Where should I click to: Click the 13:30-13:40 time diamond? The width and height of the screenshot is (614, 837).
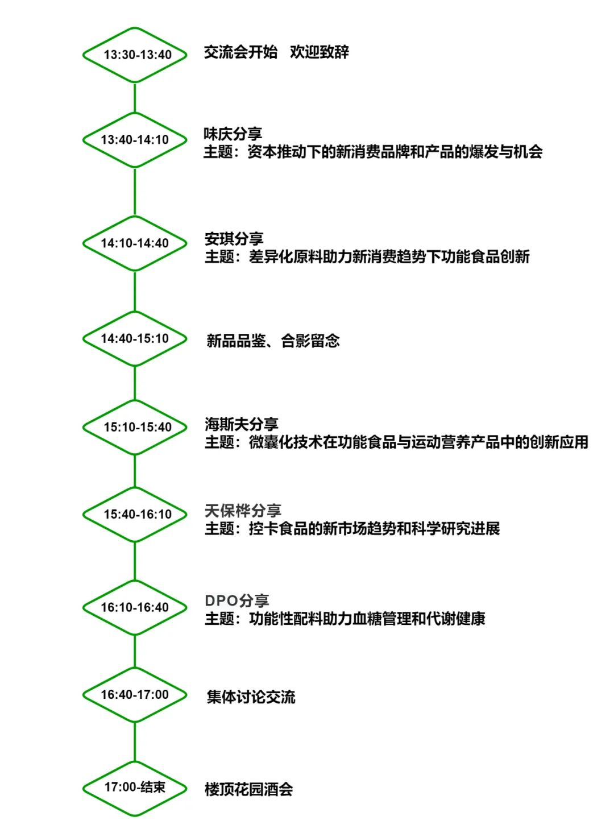135,28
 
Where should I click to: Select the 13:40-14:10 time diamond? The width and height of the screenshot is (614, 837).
135,113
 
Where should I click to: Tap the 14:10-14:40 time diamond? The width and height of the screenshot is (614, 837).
135,216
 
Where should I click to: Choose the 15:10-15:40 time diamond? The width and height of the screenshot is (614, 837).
135,400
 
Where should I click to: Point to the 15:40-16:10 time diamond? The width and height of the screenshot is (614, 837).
135,488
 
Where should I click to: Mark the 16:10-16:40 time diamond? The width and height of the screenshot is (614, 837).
135,581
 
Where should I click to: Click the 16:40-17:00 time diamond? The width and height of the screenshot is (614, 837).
135,668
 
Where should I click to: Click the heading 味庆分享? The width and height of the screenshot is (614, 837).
233,134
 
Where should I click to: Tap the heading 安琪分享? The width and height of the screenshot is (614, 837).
234,238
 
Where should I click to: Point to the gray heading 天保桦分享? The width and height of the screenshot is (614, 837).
243,511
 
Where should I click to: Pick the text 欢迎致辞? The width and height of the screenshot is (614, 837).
319,52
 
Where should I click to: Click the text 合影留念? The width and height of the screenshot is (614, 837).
310,341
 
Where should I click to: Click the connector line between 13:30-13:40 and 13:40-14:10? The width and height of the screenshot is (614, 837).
135,98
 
